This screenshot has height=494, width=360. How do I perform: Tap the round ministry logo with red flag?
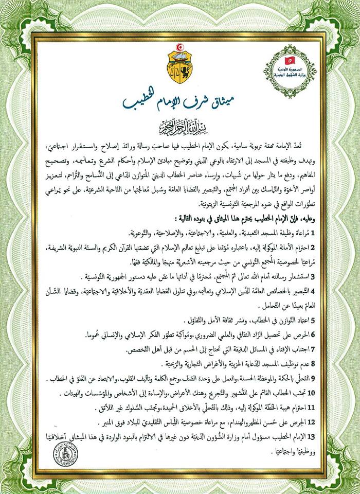[x=290, y=72]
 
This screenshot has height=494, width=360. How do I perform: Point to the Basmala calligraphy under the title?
[x=179, y=125]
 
